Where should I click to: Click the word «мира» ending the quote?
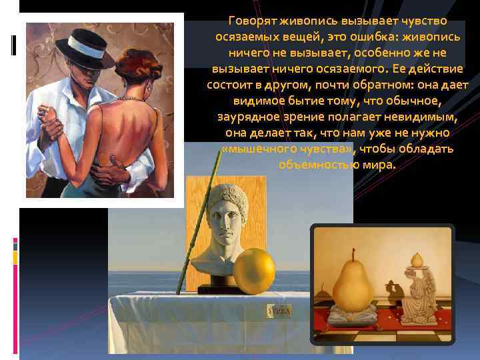tap(381, 165)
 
